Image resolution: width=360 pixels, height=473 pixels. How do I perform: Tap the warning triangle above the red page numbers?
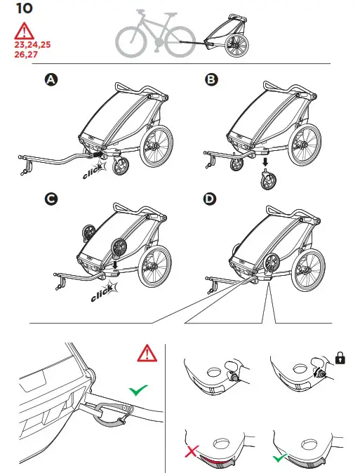click(x=25, y=31)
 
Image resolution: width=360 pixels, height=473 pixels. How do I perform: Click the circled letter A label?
click(x=50, y=81)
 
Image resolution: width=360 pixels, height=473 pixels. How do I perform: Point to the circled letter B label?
click(x=210, y=81)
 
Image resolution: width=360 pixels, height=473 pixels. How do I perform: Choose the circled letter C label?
click(x=50, y=199)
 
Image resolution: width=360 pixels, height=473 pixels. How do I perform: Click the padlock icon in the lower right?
click(x=342, y=359)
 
